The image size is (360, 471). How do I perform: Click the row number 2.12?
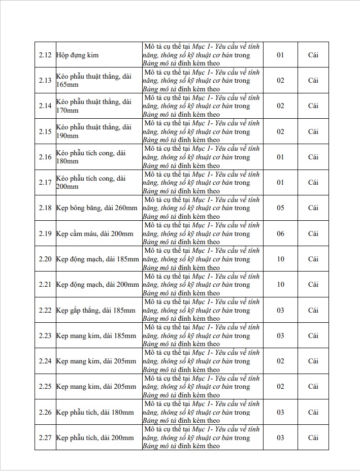click(x=45, y=55)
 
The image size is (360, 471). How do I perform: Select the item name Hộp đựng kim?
click(x=78, y=55)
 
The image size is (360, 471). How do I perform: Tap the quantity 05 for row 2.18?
click(x=280, y=208)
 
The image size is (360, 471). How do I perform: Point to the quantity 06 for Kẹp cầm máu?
click(x=280, y=233)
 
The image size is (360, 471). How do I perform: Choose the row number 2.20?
click(x=45, y=259)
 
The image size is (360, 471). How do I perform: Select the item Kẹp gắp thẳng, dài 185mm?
click(x=96, y=310)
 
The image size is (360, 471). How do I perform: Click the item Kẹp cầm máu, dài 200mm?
click(x=95, y=233)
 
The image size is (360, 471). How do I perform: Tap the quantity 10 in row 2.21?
click(x=280, y=284)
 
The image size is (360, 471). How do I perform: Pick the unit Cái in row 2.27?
click(x=313, y=438)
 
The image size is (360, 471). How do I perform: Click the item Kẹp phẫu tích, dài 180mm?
click(x=95, y=412)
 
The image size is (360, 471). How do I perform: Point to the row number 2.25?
click(x=45, y=386)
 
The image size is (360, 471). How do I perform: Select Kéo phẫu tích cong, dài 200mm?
click(x=91, y=182)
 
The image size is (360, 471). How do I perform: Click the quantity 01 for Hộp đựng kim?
click(x=280, y=55)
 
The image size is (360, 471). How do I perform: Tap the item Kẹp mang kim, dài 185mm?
click(x=96, y=335)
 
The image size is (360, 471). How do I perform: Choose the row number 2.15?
click(x=45, y=131)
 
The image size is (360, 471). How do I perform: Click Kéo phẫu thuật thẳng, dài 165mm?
click(x=93, y=80)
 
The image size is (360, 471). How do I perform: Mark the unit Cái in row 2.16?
click(x=313, y=157)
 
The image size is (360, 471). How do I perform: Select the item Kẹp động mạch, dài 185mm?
click(x=97, y=259)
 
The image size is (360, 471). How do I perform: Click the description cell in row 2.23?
click(x=202, y=335)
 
